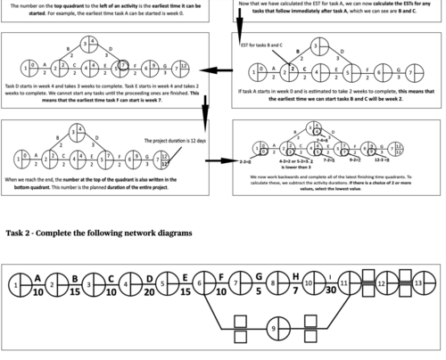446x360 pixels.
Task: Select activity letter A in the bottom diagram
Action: pyautogui.click(x=38, y=277)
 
